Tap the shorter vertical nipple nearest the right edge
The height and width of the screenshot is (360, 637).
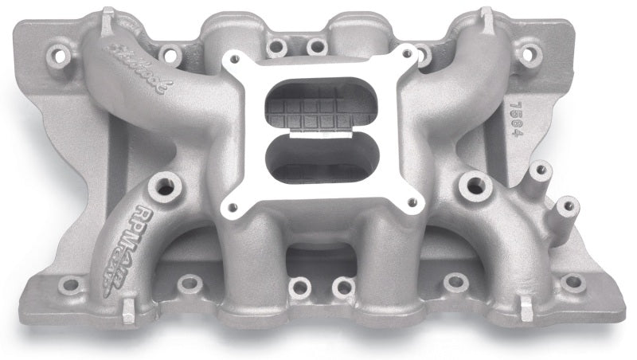click(x=566, y=206)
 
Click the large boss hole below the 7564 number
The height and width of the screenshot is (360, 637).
click(x=474, y=186)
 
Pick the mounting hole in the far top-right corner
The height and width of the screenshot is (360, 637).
click(x=528, y=53)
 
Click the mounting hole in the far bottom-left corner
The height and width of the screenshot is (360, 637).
click(x=70, y=284)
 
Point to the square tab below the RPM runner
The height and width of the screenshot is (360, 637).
click(x=127, y=314)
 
